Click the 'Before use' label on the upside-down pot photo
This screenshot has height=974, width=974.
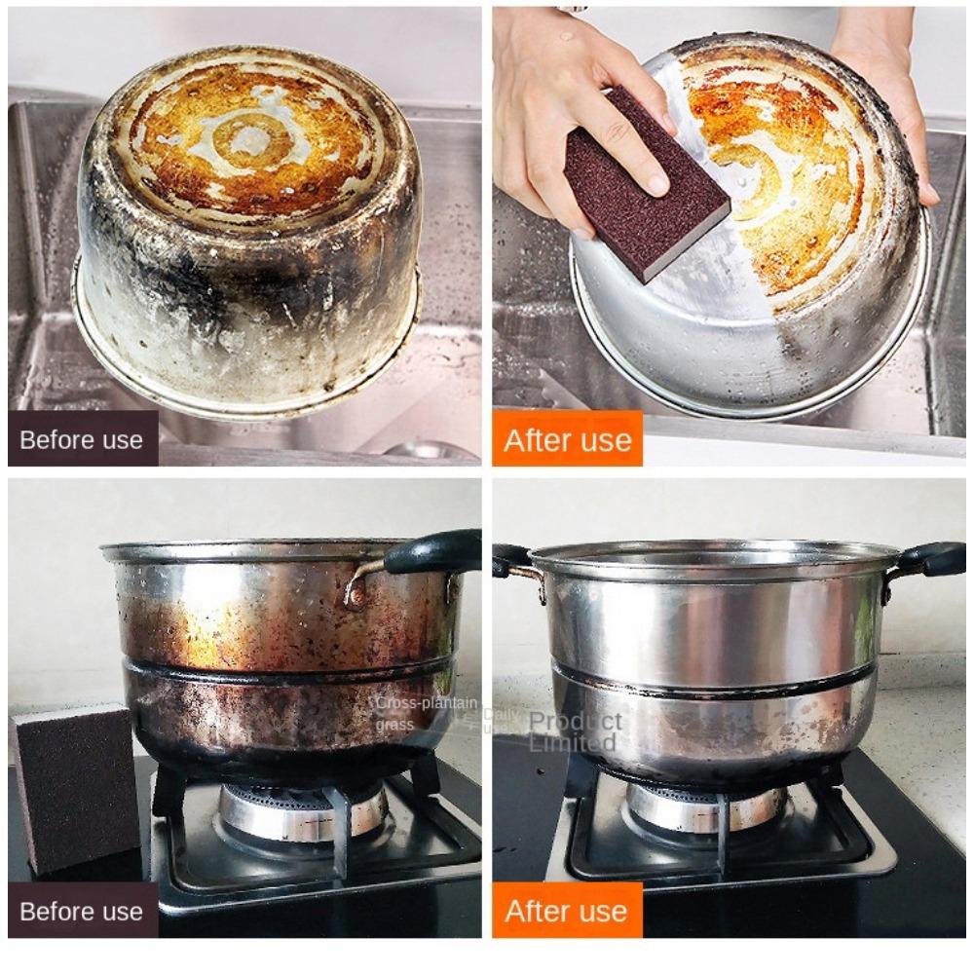tap(83, 439)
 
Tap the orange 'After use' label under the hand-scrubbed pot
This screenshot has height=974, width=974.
tap(567, 439)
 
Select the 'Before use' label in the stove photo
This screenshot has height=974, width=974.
tap(83, 912)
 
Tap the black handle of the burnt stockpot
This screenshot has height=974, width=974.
tap(434, 552)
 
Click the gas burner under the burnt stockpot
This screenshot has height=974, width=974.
tap(302, 808)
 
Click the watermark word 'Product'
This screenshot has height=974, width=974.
tap(575, 722)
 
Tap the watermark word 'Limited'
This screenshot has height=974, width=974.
tap(572, 743)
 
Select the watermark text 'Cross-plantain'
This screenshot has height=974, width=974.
tap(427, 703)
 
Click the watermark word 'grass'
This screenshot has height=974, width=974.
tap(394, 725)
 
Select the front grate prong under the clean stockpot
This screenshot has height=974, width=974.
tap(723, 843)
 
